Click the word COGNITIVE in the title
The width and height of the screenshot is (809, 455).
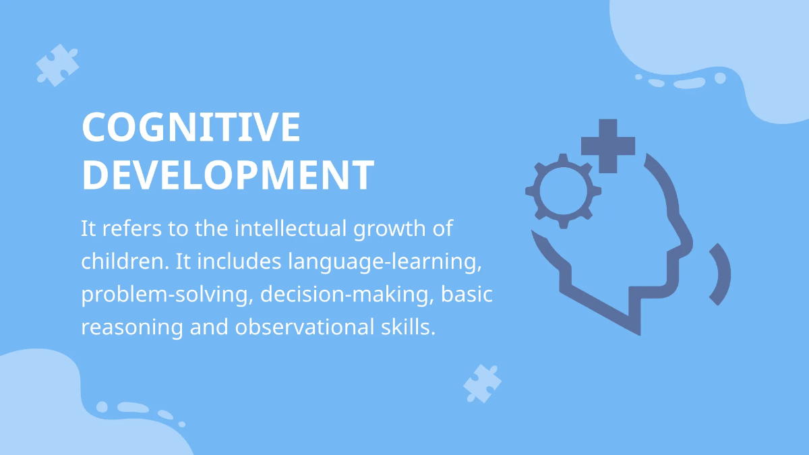[191, 126]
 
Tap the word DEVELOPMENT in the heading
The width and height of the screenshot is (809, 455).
[228, 174]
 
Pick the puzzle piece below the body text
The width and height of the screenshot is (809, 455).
[482, 384]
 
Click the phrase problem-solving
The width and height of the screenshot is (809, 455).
[166, 295]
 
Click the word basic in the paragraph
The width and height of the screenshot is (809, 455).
[473, 295]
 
